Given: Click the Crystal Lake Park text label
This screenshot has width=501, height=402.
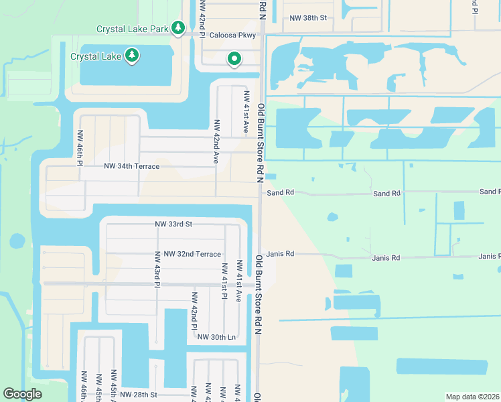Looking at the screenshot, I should point(133,29).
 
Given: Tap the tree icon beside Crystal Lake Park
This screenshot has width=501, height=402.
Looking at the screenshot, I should point(177,28).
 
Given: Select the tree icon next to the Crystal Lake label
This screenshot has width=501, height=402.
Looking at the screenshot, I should point(132,56).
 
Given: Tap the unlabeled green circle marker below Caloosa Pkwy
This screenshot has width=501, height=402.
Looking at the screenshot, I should point(234,60).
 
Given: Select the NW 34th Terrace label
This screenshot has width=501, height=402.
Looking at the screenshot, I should point(131,165).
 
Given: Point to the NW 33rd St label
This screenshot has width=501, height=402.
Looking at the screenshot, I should point(173,224).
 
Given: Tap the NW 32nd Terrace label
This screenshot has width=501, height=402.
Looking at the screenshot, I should point(188,254).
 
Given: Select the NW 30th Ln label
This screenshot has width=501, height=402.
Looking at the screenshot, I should point(216,336).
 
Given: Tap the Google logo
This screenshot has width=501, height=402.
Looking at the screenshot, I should point(23,394).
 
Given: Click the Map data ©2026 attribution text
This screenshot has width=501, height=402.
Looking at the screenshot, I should point(473,397).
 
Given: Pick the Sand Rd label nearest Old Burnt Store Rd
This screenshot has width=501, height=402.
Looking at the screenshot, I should point(280,193).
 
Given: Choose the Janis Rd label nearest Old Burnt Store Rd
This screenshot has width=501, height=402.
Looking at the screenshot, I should point(280,255).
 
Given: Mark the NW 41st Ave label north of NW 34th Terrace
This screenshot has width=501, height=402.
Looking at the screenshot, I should point(246,113).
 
